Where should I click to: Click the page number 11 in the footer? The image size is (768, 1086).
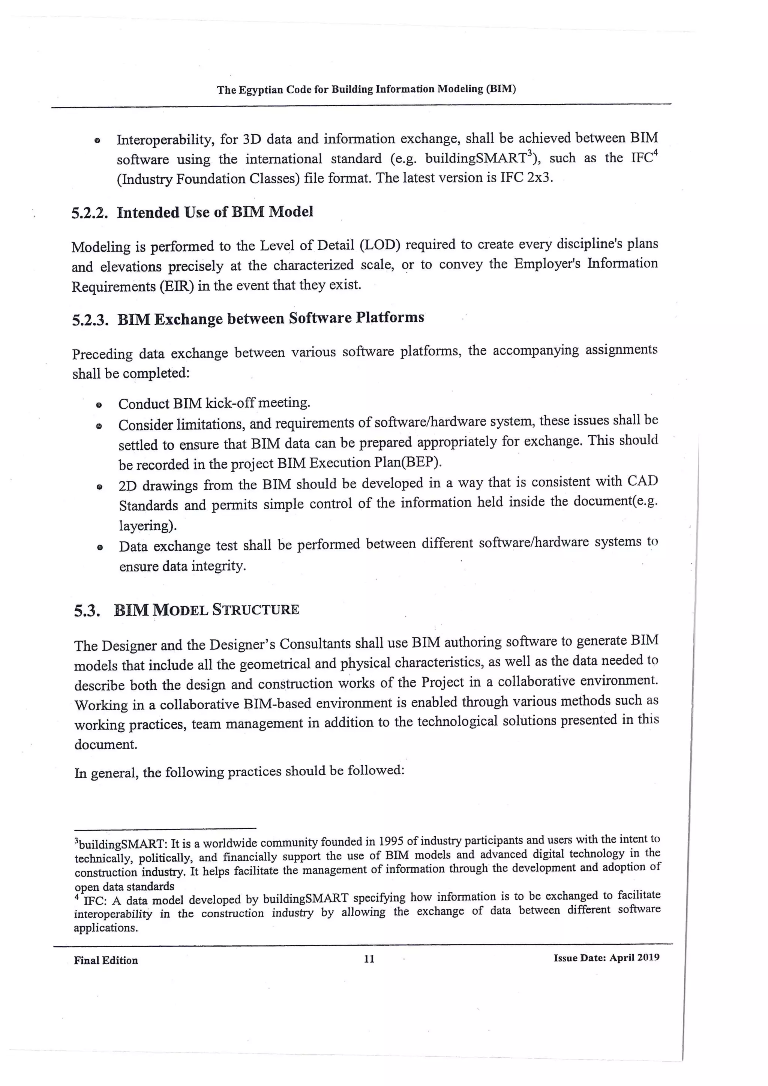pyautogui.click(x=369, y=959)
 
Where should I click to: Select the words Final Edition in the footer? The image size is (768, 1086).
pyautogui.click(x=106, y=960)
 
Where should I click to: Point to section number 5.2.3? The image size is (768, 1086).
pyautogui.click(x=90, y=321)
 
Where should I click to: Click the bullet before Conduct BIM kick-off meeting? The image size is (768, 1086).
pyautogui.click(x=99, y=405)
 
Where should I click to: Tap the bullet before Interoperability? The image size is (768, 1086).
pyautogui.click(x=97, y=141)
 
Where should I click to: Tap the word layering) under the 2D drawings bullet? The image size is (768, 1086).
pyautogui.click(x=147, y=525)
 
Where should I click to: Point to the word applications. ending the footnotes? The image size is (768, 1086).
pyautogui.click(x=105, y=928)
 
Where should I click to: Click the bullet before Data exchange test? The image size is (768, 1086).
pyautogui.click(x=99, y=548)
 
